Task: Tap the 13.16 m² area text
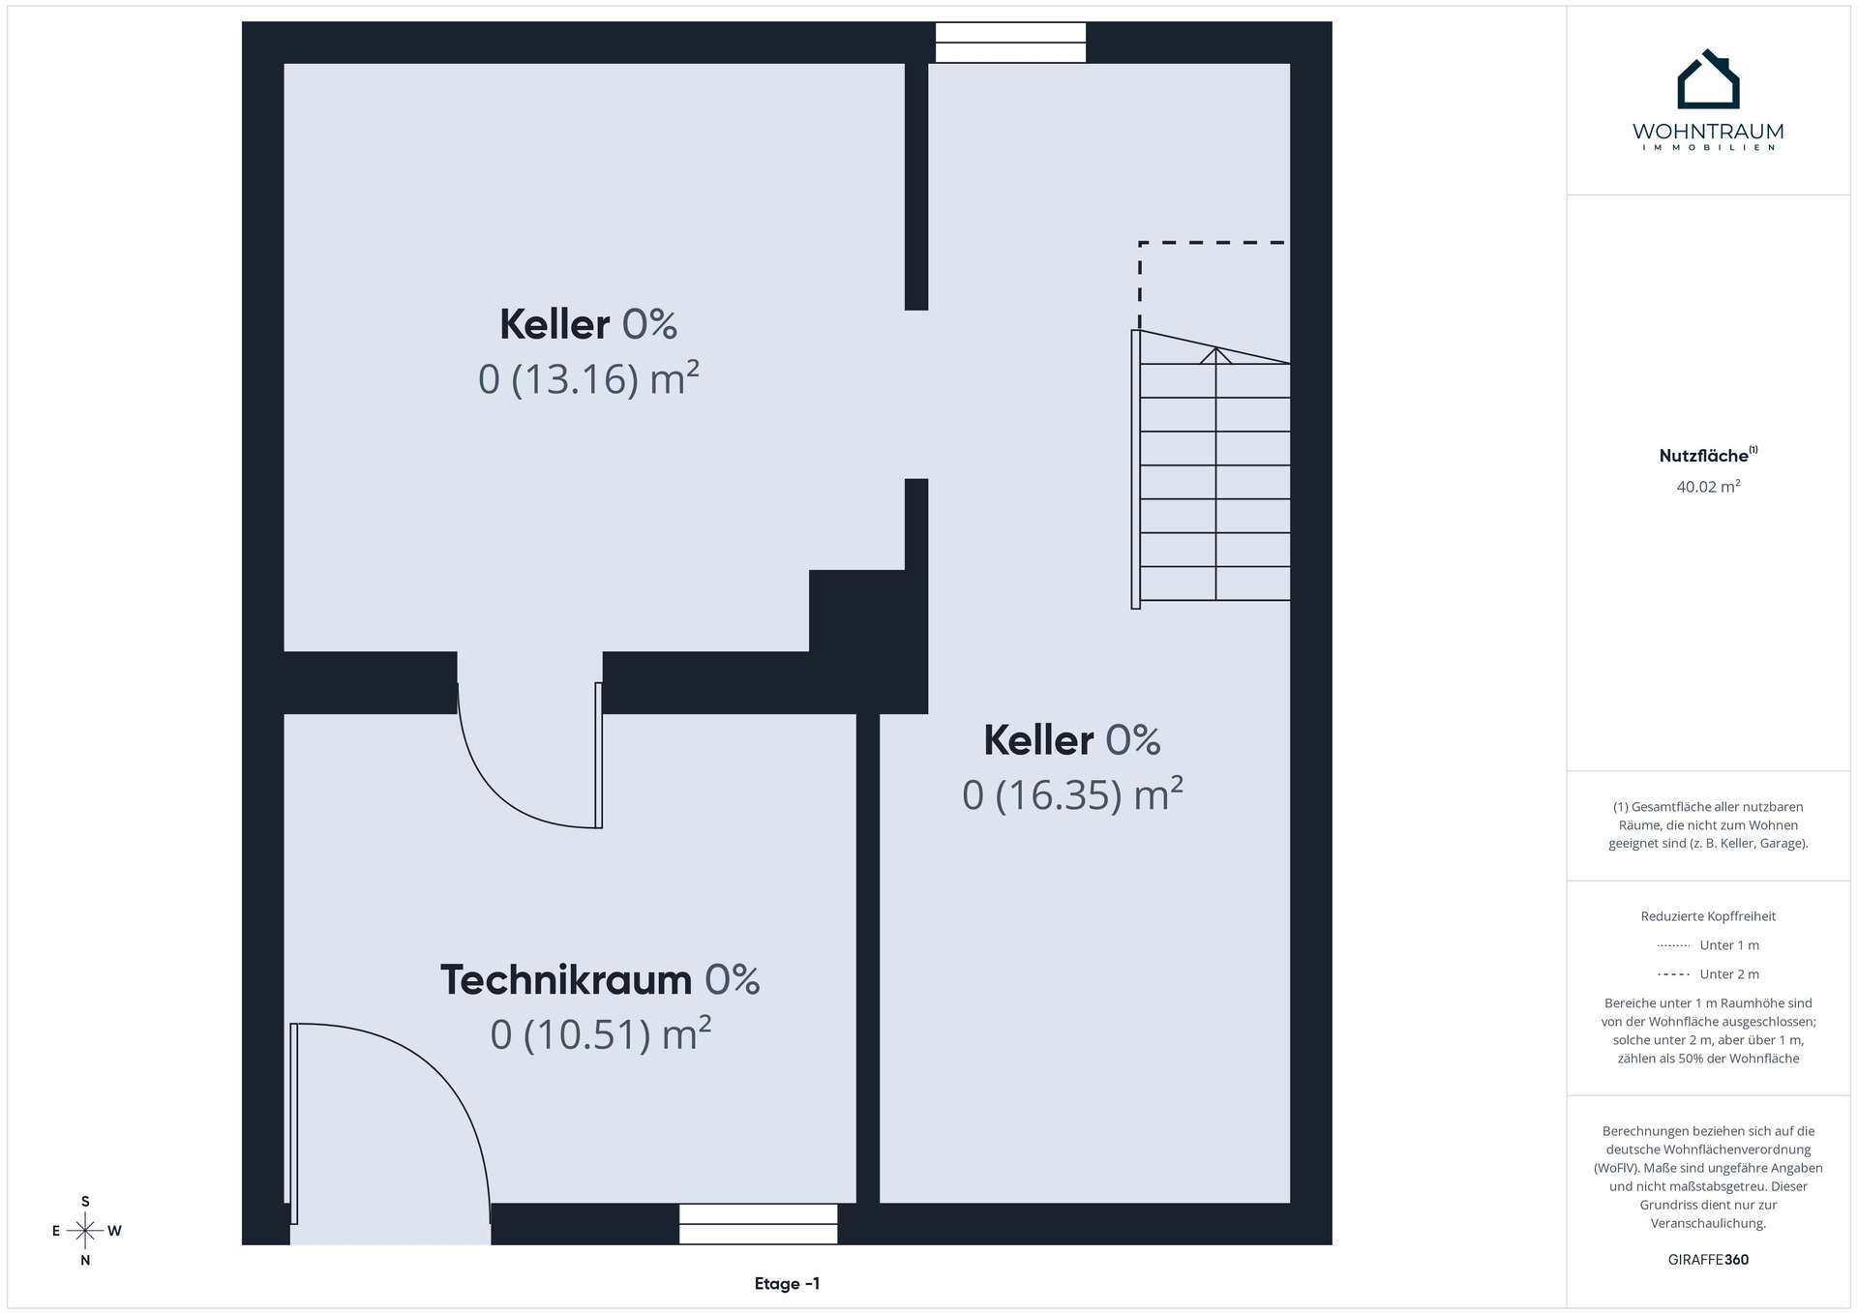click(588, 378)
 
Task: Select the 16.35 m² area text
click(1072, 794)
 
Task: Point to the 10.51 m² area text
click(601, 1034)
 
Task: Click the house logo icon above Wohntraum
click(1708, 79)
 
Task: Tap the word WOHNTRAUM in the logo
click(1708, 132)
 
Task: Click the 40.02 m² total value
click(1708, 487)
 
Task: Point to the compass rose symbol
click(86, 1231)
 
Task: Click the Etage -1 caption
click(787, 1284)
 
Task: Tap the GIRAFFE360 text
click(1708, 1260)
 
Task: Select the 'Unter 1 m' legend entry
click(1708, 945)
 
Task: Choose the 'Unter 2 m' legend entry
click(1708, 974)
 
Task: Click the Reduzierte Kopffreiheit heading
click(1708, 916)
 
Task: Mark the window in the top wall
click(1010, 43)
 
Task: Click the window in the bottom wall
click(758, 1224)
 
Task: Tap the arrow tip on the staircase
click(1216, 348)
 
